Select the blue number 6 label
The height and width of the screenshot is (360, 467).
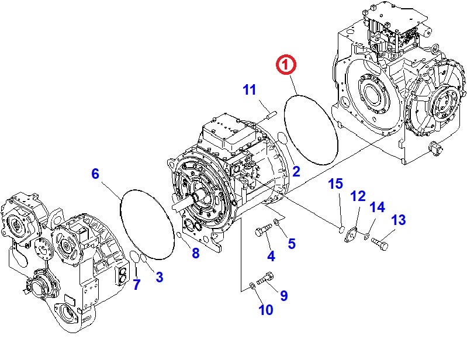(x=96, y=173)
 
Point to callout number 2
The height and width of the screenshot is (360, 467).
(x=296, y=171)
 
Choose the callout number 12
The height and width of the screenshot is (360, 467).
(x=358, y=196)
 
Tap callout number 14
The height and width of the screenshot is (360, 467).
(x=378, y=207)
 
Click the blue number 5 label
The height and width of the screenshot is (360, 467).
(x=291, y=244)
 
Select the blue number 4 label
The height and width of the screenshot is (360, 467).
(x=271, y=256)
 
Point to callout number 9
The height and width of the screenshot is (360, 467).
(x=283, y=296)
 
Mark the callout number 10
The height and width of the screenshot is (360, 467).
(x=265, y=310)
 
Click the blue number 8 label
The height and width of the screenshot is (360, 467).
(x=195, y=253)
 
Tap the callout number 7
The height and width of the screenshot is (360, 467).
(x=137, y=285)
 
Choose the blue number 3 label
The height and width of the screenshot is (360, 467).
(x=159, y=278)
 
